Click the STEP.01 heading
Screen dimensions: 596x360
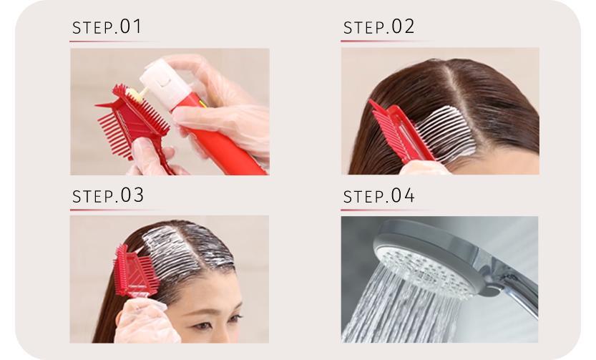point(107,26)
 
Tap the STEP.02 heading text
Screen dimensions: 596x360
point(378,26)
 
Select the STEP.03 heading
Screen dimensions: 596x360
point(108,195)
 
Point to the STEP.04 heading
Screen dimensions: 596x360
point(378,196)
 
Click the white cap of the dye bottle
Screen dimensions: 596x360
point(165,82)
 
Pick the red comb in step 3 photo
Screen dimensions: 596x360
point(134,271)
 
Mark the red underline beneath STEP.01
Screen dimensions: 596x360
point(114,41)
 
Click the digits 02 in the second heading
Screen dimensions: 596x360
point(403,26)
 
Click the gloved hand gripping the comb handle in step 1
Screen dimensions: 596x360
point(149,157)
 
